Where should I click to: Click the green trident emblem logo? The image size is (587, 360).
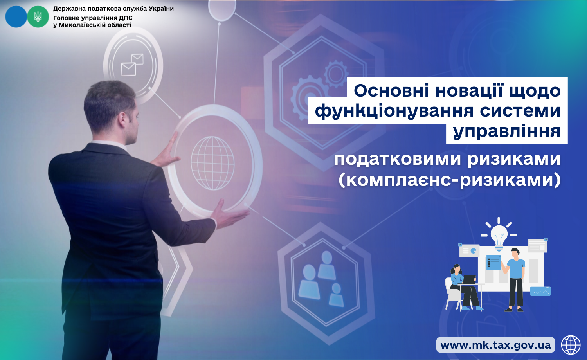(x=38, y=17)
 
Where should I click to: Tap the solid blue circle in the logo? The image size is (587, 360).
(x=16, y=17)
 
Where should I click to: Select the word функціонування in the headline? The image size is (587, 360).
(x=394, y=111)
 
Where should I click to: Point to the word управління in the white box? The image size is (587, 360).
(x=506, y=131)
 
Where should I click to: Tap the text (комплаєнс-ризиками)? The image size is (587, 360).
(x=450, y=180)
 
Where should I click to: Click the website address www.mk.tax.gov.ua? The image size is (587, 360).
(x=495, y=345)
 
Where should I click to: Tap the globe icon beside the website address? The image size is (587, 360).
(x=571, y=345)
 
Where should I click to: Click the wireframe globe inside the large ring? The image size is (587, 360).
(x=212, y=163)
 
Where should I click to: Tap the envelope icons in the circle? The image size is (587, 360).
(x=132, y=65)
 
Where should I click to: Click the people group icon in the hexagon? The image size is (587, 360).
(x=321, y=279)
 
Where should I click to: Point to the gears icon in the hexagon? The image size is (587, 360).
(x=319, y=85)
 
